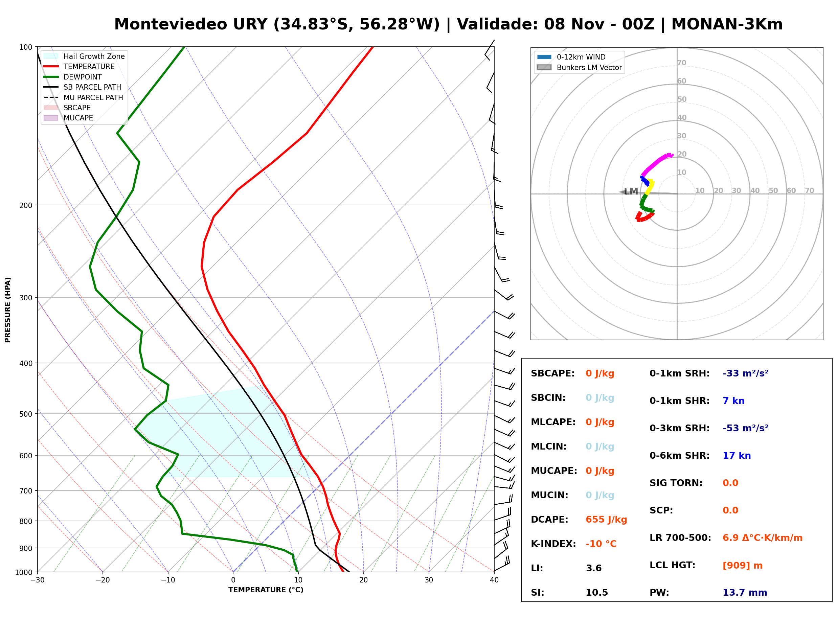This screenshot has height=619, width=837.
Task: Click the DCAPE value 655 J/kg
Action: pyautogui.click(x=606, y=520)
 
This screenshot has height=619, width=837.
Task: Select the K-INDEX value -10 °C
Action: pyautogui.click(x=601, y=544)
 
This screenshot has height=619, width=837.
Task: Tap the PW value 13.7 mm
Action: pyautogui.click(x=745, y=593)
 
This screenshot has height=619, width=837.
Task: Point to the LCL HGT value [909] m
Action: pyautogui.click(x=743, y=566)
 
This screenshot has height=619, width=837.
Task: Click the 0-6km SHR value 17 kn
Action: pyautogui.click(x=737, y=456)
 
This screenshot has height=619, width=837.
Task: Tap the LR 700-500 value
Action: pyautogui.click(x=763, y=538)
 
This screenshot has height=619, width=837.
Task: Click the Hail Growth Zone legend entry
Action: pyautogui.click(x=84, y=56)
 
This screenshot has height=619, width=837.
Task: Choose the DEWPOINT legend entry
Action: pyautogui.click(x=73, y=77)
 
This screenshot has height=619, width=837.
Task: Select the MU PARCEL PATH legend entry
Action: pyautogui.click(x=84, y=97)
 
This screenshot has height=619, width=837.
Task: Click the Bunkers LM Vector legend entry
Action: pyautogui.click(x=579, y=67)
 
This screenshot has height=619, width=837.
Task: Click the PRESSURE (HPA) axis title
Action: pyautogui.click(x=8, y=310)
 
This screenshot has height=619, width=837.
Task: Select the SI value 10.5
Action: pyautogui.click(x=597, y=593)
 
